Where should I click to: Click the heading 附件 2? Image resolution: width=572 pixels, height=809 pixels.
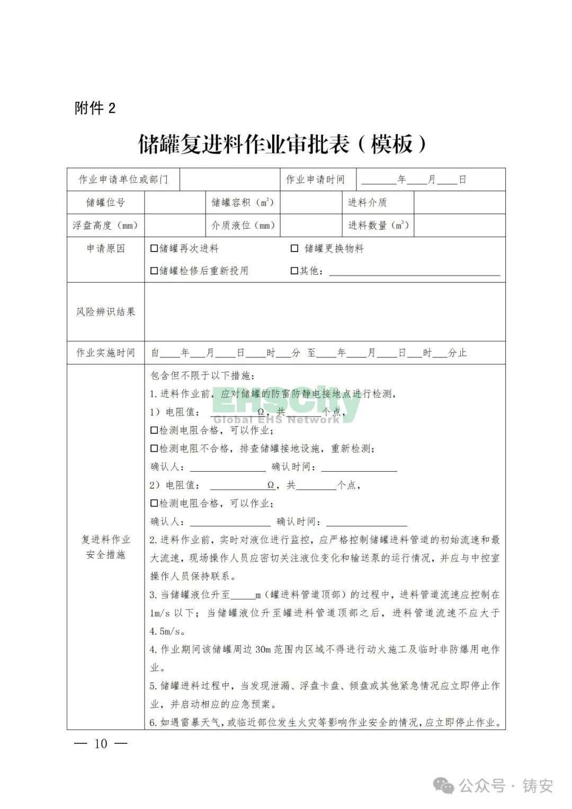click(95, 109)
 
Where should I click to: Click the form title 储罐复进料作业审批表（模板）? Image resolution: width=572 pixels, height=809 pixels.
click(282, 143)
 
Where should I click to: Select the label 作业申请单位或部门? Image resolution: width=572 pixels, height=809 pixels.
click(123, 179)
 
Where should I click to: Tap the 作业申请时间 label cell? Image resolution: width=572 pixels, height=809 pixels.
click(316, 179)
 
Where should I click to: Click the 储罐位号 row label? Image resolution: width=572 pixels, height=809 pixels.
click(105, 202)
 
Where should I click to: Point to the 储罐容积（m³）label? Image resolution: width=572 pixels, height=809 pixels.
click(243, 202)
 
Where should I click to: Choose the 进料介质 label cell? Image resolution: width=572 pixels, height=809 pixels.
click(367, 202)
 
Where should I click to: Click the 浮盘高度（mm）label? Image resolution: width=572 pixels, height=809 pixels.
click(105, 225)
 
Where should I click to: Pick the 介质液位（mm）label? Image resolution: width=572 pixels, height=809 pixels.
click(243, 225)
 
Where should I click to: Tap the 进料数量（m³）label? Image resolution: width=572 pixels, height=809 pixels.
click(378, 225)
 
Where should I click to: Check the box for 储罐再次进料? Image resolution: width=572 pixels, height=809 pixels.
click(154, 248)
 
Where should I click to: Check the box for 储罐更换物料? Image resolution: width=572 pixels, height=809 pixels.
click(294, 248)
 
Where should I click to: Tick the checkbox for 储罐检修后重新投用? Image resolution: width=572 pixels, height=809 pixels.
click(154, 271)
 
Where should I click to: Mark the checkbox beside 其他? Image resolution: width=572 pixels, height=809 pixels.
click(294, 271)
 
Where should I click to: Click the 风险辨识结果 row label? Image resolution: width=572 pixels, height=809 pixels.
click(105, 312)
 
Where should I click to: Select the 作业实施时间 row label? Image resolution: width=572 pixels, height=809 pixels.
click(105, 353)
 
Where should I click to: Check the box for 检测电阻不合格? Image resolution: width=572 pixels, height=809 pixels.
click(154, 448)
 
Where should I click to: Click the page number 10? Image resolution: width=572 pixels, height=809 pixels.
click(101, 744)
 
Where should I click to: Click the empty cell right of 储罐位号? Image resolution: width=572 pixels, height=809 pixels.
click(174, 202)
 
